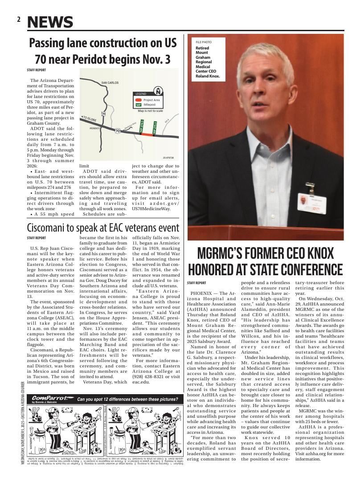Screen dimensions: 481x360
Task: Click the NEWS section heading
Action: click(50, 22)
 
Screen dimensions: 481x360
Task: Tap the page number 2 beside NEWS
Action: click(19, 20)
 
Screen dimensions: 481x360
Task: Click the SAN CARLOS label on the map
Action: click(110, 83)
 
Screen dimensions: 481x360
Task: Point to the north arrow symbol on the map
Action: click(157, 91)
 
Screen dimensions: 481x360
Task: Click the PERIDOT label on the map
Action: click(94, 128)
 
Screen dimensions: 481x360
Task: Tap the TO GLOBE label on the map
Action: click(89, 119)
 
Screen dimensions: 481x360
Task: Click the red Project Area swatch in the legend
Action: click(139, 100)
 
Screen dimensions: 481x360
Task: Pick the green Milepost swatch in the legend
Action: click(139, 105)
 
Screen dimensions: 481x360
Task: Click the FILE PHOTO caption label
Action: click(204, 42)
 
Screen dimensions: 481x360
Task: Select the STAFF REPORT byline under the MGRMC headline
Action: click(196, 283)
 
